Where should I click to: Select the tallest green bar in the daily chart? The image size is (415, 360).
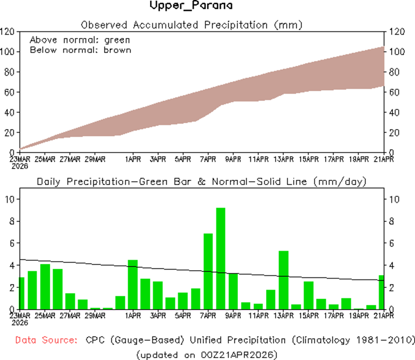[221, 258]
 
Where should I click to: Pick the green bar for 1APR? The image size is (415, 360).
[133, 284]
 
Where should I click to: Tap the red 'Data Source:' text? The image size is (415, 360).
[45, 340]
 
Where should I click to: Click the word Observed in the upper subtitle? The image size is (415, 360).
[99, 25]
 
